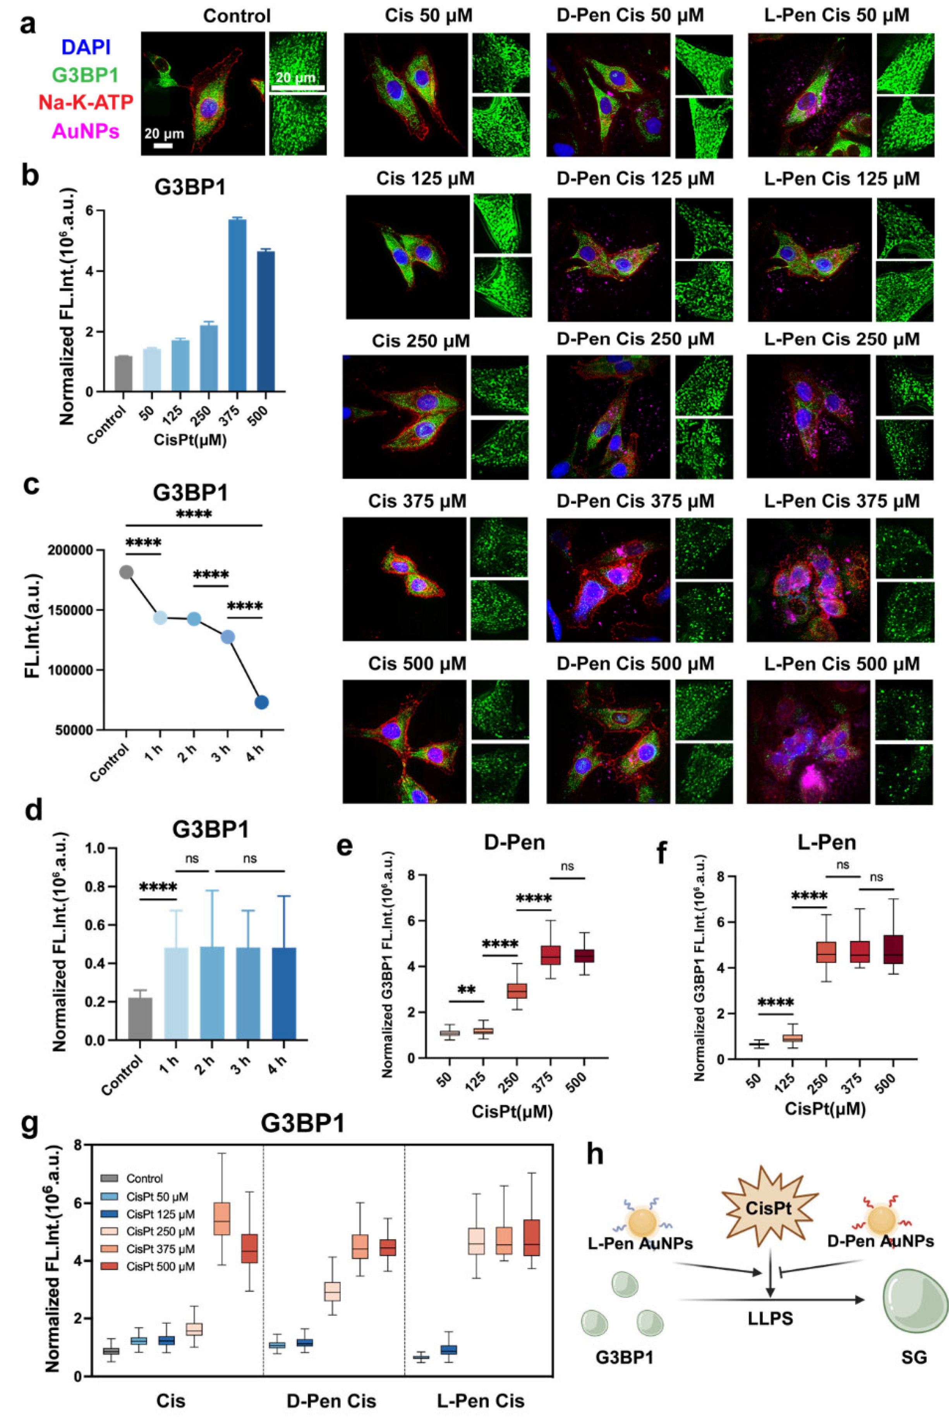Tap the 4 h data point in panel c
[x=261, y=702]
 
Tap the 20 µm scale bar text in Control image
[x=163, y=133]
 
